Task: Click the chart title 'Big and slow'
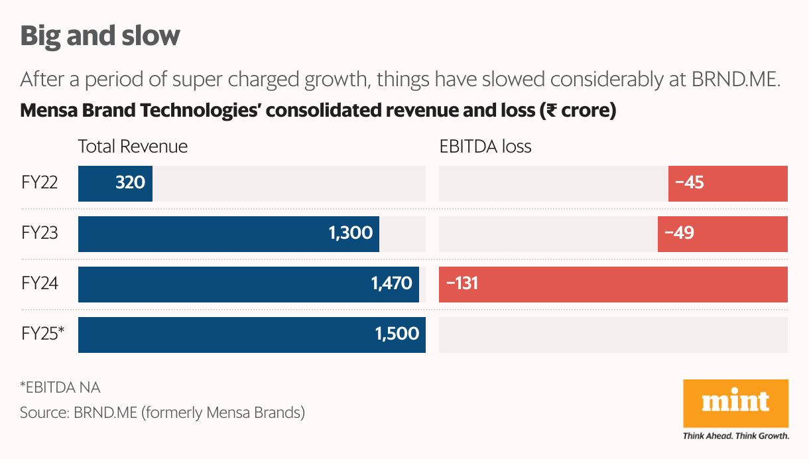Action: pyautogui.click(x=100, y=35)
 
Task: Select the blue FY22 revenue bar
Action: pyautogui.click(x=115, y=183)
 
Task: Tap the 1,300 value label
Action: pyautogui.click(x=350, y=233)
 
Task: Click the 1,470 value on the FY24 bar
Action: pyautogui.click(x=391, y=284)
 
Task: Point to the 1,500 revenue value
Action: pyautogui.click(x=397, y=334)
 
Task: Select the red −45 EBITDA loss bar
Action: pyautogui.click(x=727, y=183)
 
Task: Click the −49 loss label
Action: pyautogui.click(x=679, y=233)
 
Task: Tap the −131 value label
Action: pyautogui.click(x=462, y=284)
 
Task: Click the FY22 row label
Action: pyautogui.click(x=39, y=183)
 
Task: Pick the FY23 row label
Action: pyautogui.click(x=39, y=233)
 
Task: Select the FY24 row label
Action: pyautogui.click(x=39, y=284)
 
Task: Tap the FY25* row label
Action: pyautogui.click(x=42, y=334)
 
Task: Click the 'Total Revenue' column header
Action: pyautogui.click(x=133, y=147)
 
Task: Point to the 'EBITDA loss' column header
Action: pyautogui.click(x=485, y=147)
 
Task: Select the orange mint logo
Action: pyautogui.click(x=735, y=403)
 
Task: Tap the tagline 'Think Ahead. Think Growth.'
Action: pyautogui.click(x=735, y=436)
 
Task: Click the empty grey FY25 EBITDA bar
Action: pyautogui.click(x=613, y=334)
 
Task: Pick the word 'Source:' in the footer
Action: pyautogui.click(x=44, y=413)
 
